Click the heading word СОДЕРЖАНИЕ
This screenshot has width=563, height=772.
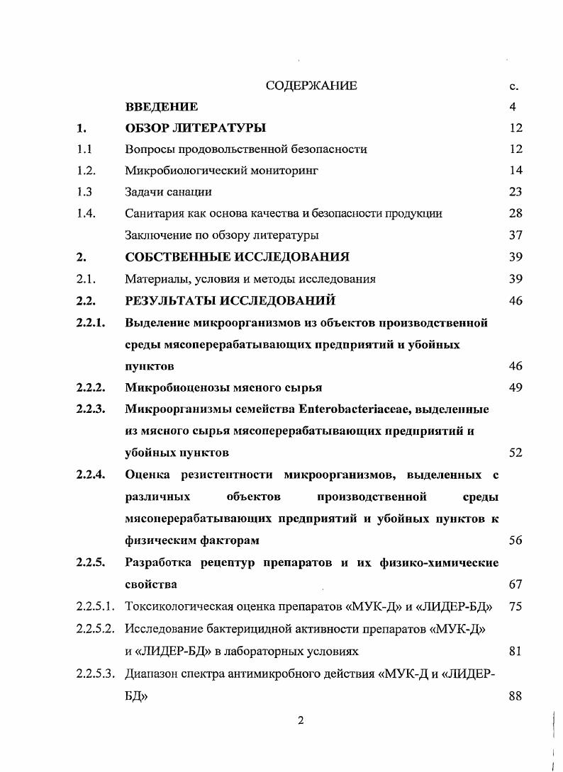click(x=311, y=86)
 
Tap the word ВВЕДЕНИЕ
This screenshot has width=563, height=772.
click(x=161, y=108)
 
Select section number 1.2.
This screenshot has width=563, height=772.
click(x=87, y=171)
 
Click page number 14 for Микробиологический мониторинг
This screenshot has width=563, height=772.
click(x=515, y=171)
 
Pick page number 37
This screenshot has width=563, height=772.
click(x=515, y=234)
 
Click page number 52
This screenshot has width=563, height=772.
click(x=515, y=453)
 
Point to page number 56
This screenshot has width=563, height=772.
click(x=515, y=540)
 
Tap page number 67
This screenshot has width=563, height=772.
click(x=515, y=585)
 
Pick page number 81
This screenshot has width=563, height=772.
click(x=515, y=651)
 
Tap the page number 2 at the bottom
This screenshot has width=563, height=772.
click(x=301, y=721)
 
